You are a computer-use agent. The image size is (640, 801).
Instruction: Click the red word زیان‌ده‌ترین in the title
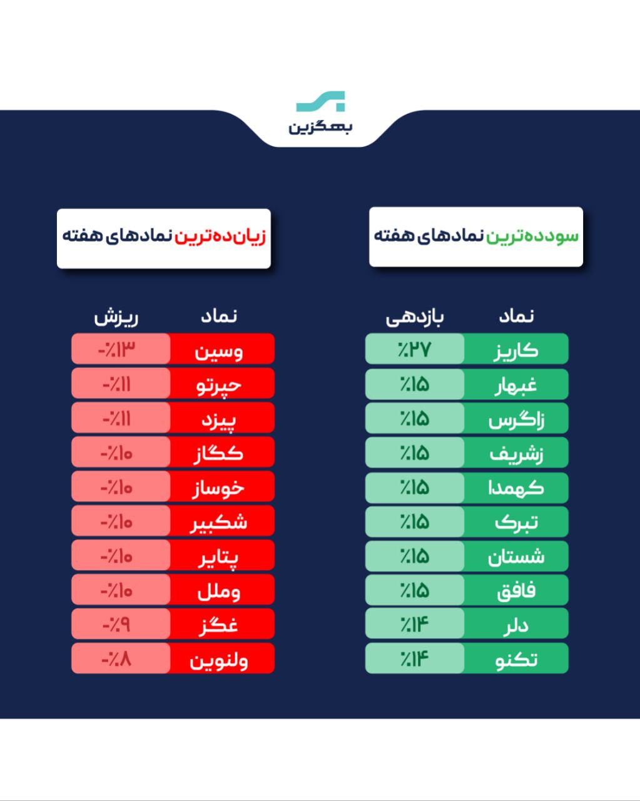pyautogui.click(x=220, y=237)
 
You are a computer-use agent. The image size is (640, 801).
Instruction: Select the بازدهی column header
pyautogui.click(x=414, y=317)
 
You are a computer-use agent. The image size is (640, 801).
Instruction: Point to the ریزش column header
pyautogui.click(x=116, y=317)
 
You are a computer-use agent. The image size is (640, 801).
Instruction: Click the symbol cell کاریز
pyautogui.click(x=516, y=349)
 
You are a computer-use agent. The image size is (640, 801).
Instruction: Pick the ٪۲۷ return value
pyautogui.click(x=415, y=349)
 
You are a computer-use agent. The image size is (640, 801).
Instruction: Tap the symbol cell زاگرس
pyautogui.click(x=516, y=419)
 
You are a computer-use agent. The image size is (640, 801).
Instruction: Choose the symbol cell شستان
pyautogui.click(x=516, y=556)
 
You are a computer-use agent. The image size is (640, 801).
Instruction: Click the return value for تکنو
pyautogui.click(x=415, y=658)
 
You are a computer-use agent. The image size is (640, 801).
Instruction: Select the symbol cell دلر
pyautogui.click(x=516, y=624)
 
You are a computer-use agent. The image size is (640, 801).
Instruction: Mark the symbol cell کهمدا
pyautogui.click(x=516, y=487)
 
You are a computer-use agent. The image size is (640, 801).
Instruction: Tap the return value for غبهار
pyautogui.click(x=415, y=384)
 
